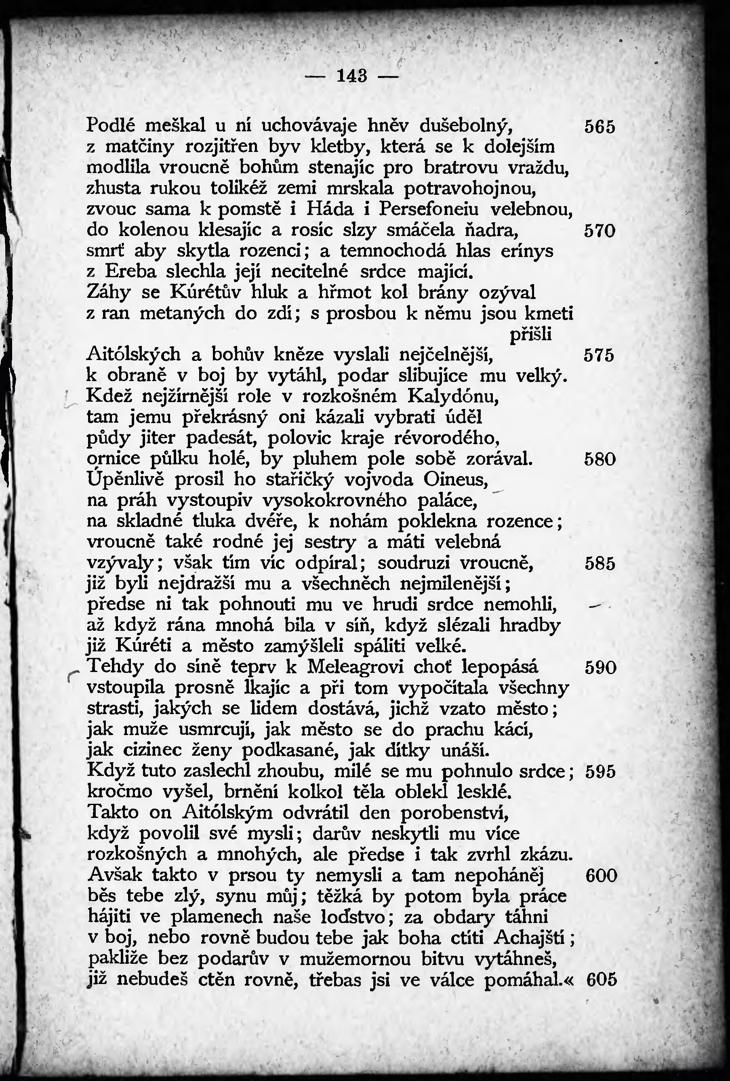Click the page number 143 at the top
pyautogui.click(x=352, y=76)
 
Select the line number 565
pyautogui.click(x=600, y=127)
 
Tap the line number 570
pyautogui.click(x=600, y=231)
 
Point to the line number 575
pyautogui.click(x=600, y=356)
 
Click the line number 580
pyautogui.click(x=600, y=460)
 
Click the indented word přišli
pyautogui.click(x=530, y=335)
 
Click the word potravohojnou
pyautogui.click(x=471, y=189)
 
